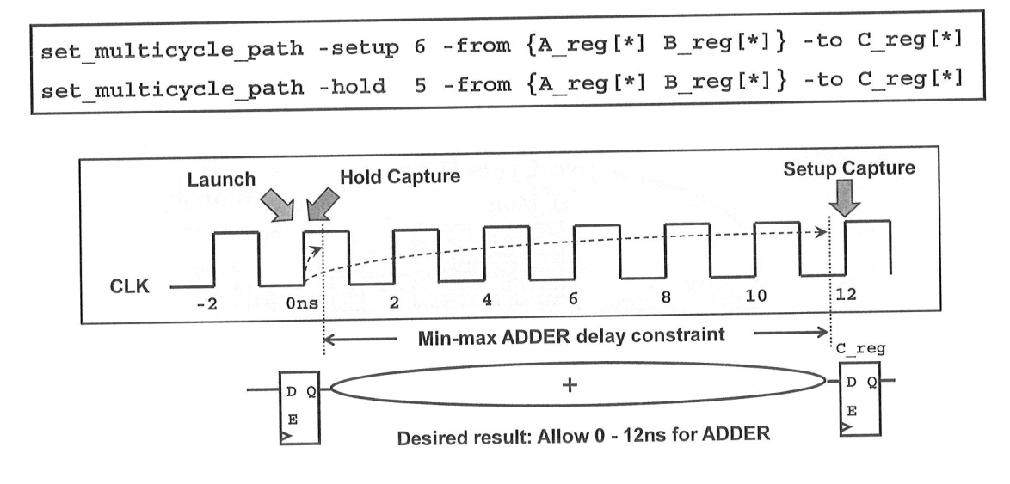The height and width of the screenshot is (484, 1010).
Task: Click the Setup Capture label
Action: coord(849,168)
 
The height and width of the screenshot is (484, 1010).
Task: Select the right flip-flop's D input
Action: coord(850,381)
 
